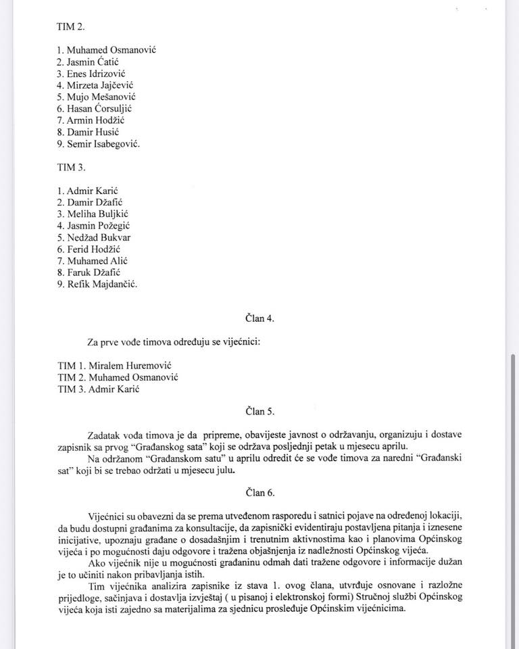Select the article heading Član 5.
coord(259,410)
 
